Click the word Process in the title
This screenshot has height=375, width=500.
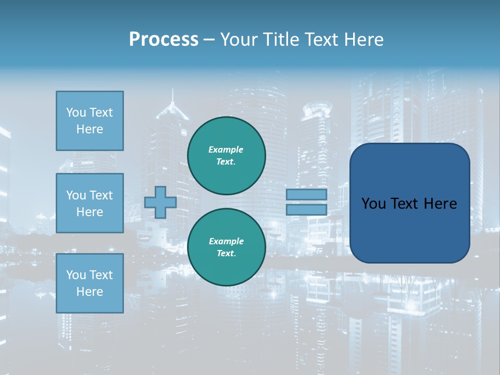[164, 40]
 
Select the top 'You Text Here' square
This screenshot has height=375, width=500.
[90, 121]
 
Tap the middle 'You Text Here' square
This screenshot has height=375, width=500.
[90, 203]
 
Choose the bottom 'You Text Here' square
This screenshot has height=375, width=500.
[90, 283]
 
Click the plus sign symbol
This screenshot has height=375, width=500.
[160, 202]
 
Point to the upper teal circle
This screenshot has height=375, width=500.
[227, 156]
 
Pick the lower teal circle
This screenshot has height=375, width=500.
[227, 247]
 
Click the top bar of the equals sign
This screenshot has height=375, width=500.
[306, 194]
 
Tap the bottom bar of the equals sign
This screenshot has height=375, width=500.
[306, 209]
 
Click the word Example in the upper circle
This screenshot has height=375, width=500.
[226, 149]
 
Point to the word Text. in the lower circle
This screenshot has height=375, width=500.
[226, 254]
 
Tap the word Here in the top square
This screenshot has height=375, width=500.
[90, 129]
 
